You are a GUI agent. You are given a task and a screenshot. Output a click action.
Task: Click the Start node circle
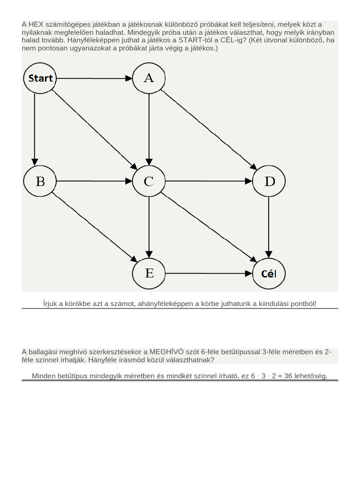pos(40,78)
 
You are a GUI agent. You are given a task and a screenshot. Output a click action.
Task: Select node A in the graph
pos(149,78)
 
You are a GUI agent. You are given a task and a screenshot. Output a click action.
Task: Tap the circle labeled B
pos(40,181)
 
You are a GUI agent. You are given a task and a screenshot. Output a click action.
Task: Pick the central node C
pos(149,181)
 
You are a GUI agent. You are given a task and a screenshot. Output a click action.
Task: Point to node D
pos(269,181)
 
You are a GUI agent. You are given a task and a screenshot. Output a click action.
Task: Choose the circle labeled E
pos(149,273)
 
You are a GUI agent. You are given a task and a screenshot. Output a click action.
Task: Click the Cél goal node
pos(269,273)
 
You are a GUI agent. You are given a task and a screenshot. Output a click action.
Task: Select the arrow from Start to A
pos(94,78)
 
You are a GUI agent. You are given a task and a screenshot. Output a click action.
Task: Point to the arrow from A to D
pos(209,130)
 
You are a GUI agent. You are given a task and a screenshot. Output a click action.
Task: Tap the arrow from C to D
pos(209,181)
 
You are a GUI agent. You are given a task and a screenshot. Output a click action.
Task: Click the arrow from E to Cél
pos(209,273)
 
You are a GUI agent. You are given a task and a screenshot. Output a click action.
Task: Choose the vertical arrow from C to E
pos(149,227)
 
